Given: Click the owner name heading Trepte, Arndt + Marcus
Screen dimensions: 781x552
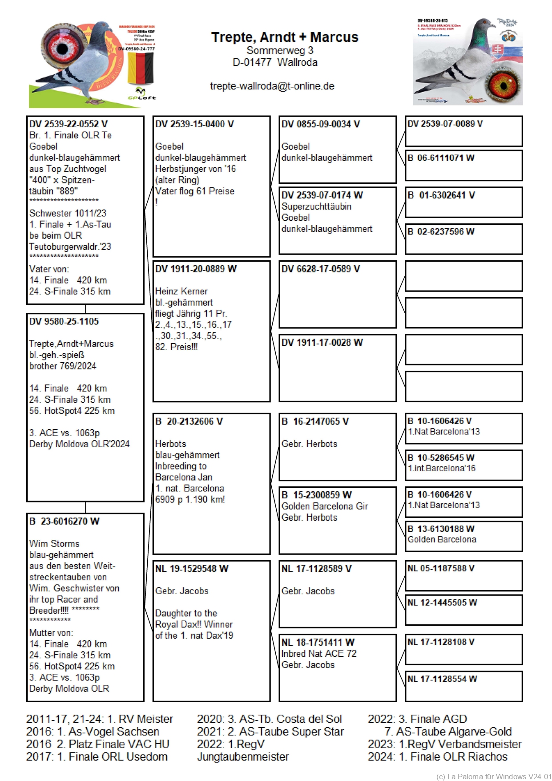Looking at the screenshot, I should (x=284, y=37).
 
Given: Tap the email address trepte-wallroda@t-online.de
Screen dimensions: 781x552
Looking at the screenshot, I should (x=272, y=86).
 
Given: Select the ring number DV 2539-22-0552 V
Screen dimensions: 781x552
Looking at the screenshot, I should (x=68, y=124).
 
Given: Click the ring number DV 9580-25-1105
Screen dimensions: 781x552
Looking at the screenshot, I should (x=64, y=322).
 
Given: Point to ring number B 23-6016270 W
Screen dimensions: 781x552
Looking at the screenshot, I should (x=64, y=521).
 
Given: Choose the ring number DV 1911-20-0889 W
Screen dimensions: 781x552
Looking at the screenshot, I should (x=196, y=269).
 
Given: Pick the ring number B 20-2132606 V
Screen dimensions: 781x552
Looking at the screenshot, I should (x=189, y=421).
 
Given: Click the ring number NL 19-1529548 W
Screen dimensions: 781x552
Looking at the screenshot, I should (x=191, y=569).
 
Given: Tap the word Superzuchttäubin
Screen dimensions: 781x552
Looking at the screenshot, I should (x=316, y=206).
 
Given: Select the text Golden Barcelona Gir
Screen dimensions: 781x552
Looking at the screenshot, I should (x=324, y=506).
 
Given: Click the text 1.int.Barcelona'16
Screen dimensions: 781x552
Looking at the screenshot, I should (x=441, y=469).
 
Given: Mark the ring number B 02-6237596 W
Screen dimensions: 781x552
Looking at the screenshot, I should (x=440, y=232).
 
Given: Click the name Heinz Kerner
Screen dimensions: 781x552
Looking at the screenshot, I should (x=181, y=291).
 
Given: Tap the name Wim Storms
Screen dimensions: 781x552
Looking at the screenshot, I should (x=54, y=544).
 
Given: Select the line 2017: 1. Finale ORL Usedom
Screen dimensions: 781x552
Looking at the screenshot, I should (x=97, y=757).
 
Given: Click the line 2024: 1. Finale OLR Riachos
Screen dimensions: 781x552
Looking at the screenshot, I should (x=437, y=757).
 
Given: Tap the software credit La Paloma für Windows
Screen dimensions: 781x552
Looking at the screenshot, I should (x=493, y=777).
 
